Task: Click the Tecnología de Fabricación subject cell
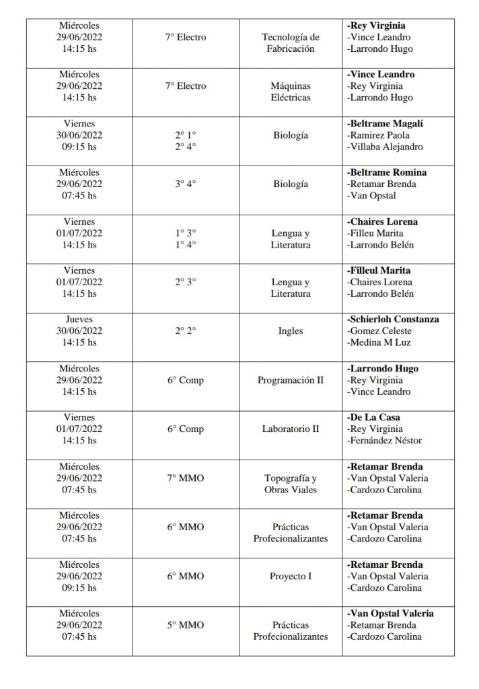pyautogui.click(x=291, y=43)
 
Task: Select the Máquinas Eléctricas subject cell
pyautogui.click(x=291, y=92)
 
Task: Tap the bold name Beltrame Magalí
pyautogui.click(x=385, y=124)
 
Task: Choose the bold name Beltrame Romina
pyautogui.click(x=387, y=172)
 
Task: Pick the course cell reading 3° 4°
pyautogui.click(x=185, y=184)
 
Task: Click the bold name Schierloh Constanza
pyautogui.click(x=393, y=319)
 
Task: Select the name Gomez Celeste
pyautogui.click(x=379, y=330)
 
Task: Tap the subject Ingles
pyautogui.click(x=291, y=331)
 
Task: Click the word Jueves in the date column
pyautogui.click(x=79, y=319)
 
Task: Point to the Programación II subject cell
pyautogui.click(x=291, y=380)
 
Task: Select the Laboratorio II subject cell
pyautogui.click(x=291, y=429)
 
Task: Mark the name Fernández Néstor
pyautogui.click(x=384, y=441)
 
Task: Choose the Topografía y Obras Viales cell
pyautogui.click(x=291, y=483)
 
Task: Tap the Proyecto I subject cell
pyautogui.click(x=291, y=576)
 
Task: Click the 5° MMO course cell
pyautogui.click(x=185, y=625)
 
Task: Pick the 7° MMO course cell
pyautogui.click(x=185, y=478)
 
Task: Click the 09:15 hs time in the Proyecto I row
pyautogui.click(x=79, y=587)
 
